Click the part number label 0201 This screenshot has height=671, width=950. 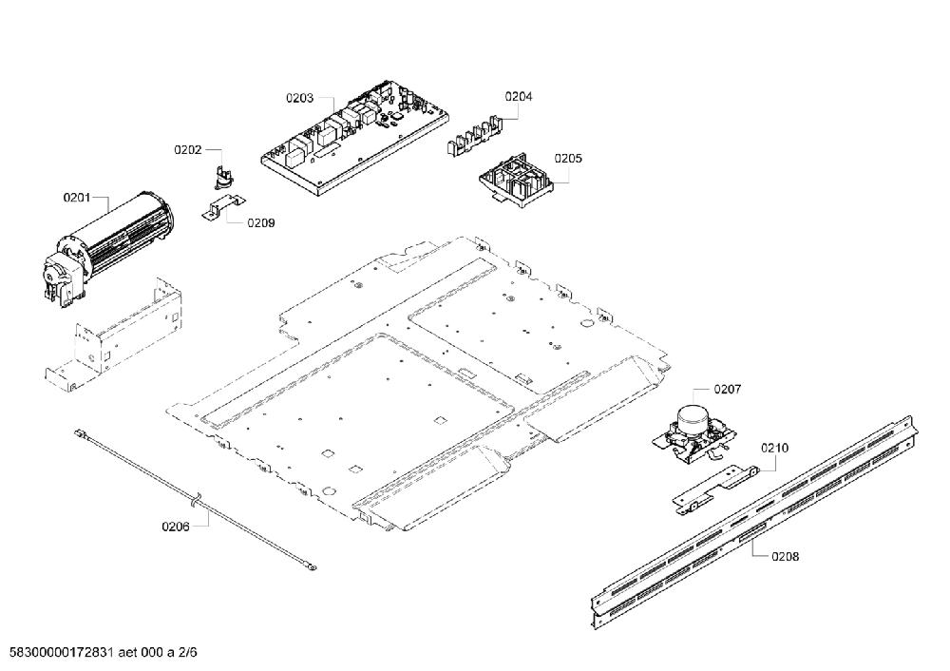click(76, 198)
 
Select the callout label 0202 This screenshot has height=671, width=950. click(188, 150)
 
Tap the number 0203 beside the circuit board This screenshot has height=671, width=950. click(300, 98)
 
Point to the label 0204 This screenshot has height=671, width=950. click(519, 96)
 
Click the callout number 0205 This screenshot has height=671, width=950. click(568, 158)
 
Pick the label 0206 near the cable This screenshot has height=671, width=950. click(176, 527)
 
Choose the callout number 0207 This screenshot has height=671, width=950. click(727, 389)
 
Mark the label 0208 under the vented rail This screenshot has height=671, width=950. click(786, 556)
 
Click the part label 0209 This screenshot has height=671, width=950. click(261, 223)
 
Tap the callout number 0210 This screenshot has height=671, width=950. click(775, 448)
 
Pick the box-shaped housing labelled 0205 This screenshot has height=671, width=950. click(515, 180)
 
